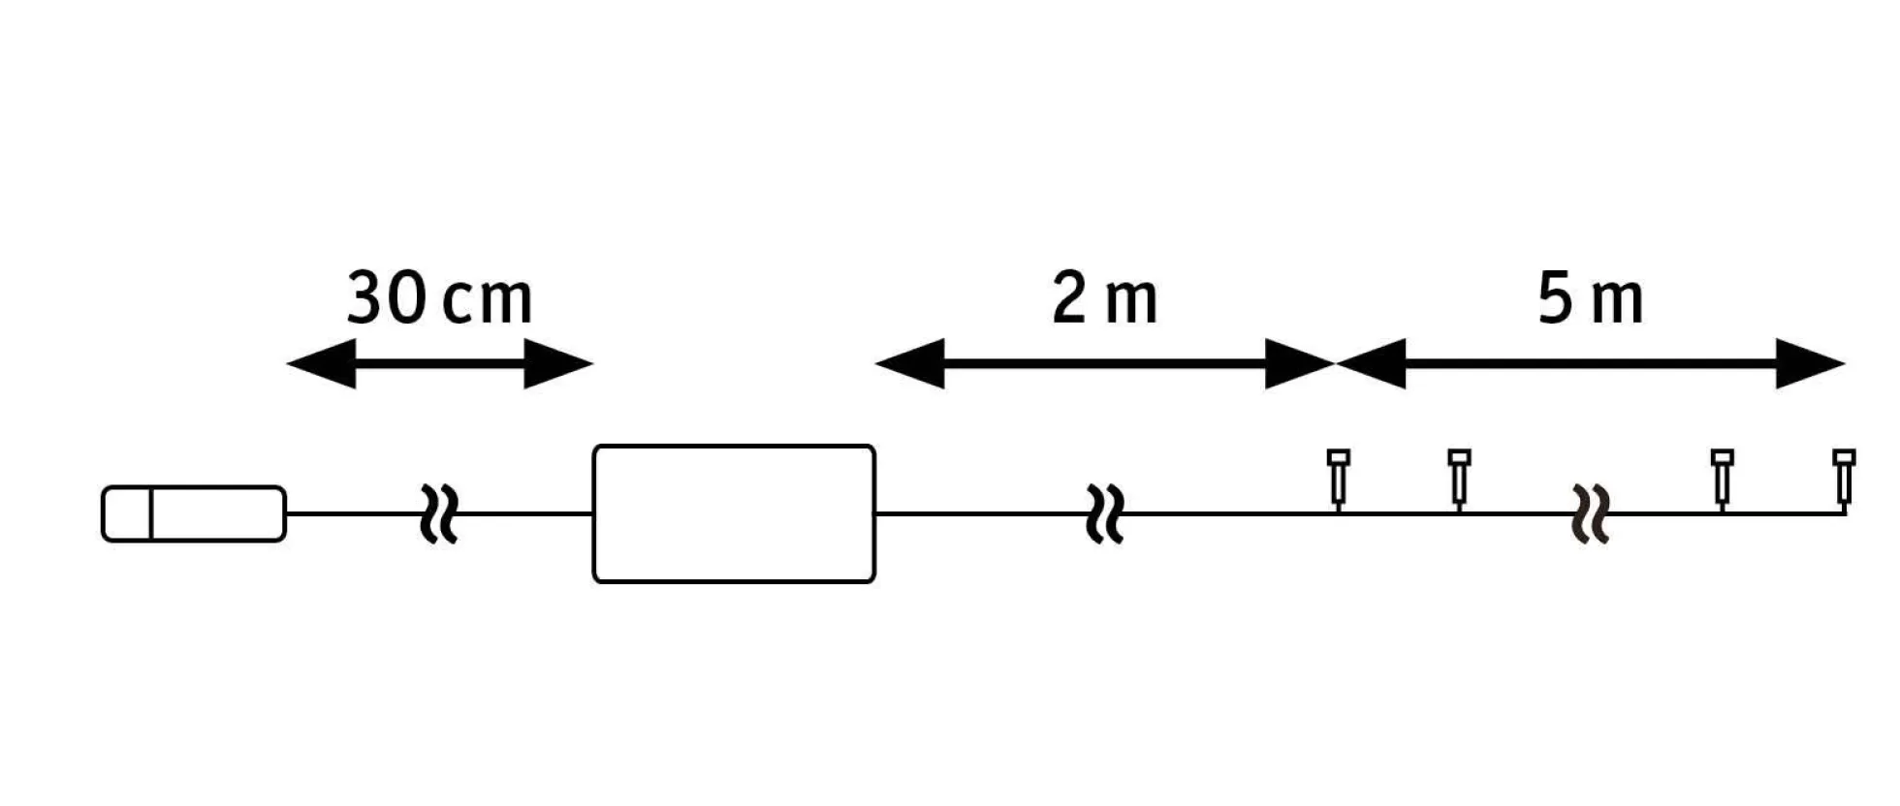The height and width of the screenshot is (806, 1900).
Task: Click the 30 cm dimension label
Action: [439, 298]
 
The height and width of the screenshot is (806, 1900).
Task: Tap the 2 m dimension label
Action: [1105, 298]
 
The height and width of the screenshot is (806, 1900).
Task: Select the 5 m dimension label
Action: [1591, 298]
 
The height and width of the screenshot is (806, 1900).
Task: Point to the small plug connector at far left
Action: [194, 513]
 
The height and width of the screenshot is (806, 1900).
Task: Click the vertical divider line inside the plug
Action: [152, 513]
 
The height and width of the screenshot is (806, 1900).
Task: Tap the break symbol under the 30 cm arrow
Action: [439, 513]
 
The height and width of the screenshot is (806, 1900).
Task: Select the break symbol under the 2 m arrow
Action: [1105, 513]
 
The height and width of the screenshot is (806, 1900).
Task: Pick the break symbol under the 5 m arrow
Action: [1591, 513]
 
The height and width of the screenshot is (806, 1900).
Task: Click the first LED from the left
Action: [1339, 479]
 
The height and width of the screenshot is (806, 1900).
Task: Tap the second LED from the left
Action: [1459, 479]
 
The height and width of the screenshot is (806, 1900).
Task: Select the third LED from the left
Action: [1722, 479]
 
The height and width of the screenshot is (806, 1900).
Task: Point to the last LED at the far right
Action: [1844, 479]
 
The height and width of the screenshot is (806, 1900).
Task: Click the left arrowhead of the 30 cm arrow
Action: [322, 364]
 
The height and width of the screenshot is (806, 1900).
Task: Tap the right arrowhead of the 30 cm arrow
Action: [558, 364]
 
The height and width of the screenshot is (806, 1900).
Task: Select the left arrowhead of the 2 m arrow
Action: [910, 364]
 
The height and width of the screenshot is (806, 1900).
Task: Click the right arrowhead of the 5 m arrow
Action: [1810, 364]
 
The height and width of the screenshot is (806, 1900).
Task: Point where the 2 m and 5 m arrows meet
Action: [1336, 364]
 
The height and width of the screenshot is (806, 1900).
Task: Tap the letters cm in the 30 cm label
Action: [487, 301]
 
